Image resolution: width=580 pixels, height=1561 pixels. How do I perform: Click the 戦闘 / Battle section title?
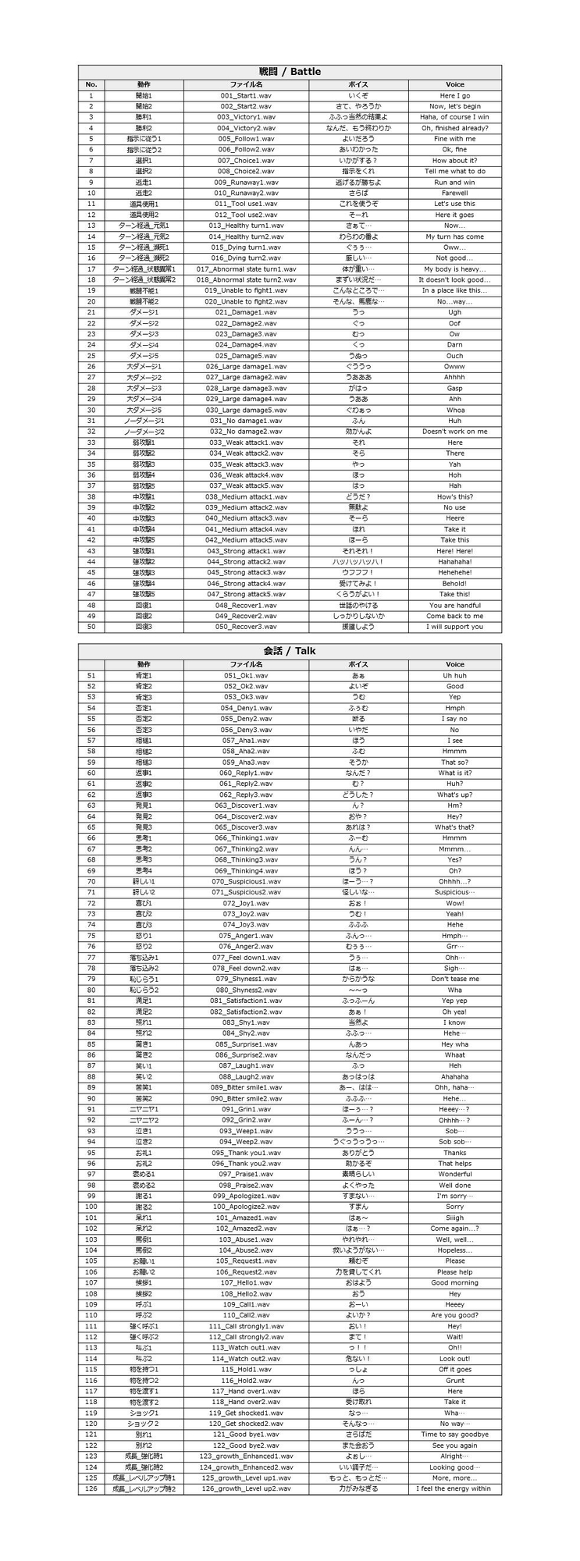click(290, 72)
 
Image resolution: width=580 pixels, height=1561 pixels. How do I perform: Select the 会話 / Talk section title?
click(290, 651)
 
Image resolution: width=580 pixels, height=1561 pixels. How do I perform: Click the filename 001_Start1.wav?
click(246, 95)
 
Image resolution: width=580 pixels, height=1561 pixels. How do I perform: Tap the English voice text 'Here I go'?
click(454, 95)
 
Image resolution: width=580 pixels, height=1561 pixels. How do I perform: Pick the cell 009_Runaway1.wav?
click(246, 182)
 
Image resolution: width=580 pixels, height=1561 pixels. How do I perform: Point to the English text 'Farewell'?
click(454, 193)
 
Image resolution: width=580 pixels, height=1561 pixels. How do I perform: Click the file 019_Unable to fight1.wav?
click(246, 290)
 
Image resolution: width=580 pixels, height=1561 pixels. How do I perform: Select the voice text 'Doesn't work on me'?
click(454, 432)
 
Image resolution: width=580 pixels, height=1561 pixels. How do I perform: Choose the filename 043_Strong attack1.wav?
click(246, 551)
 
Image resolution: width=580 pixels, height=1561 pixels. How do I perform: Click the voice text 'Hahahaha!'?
click(454, 562)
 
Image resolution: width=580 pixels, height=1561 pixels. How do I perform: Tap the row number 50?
click(91, 627)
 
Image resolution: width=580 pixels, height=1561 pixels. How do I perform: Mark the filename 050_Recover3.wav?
click(246, 627)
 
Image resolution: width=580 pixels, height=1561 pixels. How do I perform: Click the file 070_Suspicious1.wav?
click(246, 881)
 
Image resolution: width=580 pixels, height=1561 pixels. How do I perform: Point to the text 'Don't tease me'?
click(454, 979)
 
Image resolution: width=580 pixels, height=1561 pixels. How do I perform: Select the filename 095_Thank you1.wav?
click(246, 1152)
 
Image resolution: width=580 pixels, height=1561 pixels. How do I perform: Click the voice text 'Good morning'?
click(454, 1282)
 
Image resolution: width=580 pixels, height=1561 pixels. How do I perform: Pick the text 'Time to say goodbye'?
click(454, 1434)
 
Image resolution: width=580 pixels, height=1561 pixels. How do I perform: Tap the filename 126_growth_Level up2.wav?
click(246, 1488)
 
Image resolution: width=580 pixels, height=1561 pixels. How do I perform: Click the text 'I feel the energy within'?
click(454, 1488)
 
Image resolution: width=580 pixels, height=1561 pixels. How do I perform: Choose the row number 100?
click(91, 1207)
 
